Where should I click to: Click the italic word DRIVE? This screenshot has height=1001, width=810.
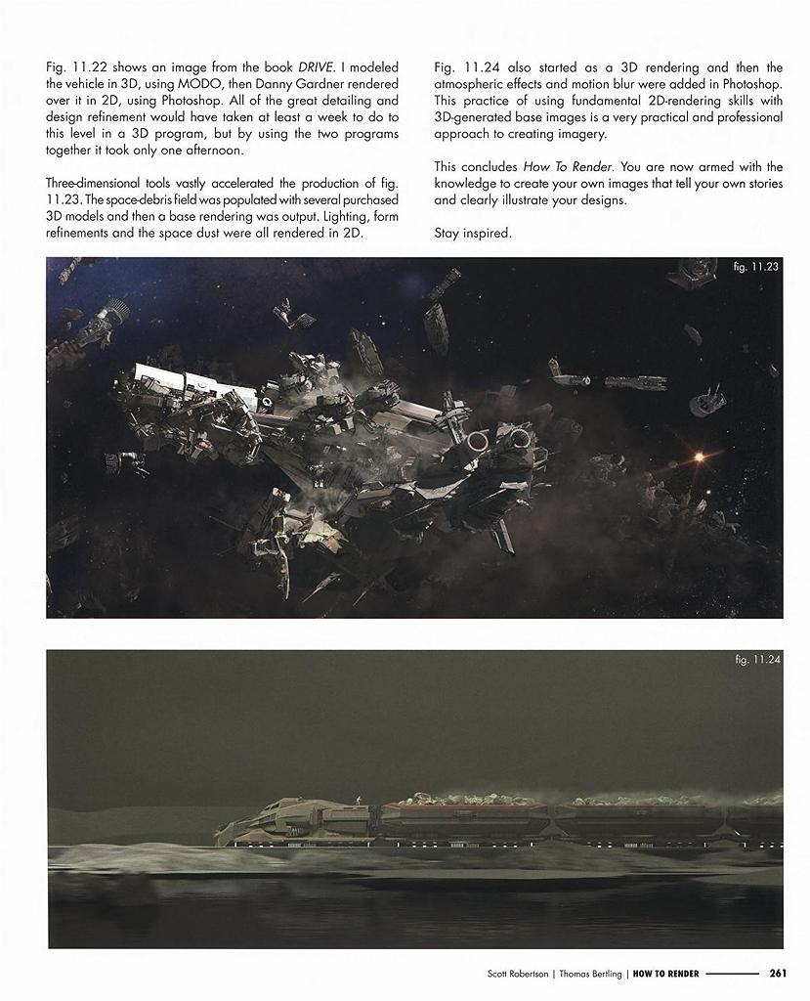(316, 66)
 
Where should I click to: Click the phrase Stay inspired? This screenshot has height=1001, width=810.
(473, 233)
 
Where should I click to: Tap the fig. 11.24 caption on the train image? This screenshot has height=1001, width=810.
(756, 660)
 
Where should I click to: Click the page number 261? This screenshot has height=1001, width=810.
(778, 973)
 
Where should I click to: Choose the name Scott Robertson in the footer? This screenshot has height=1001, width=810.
(518, 973)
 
